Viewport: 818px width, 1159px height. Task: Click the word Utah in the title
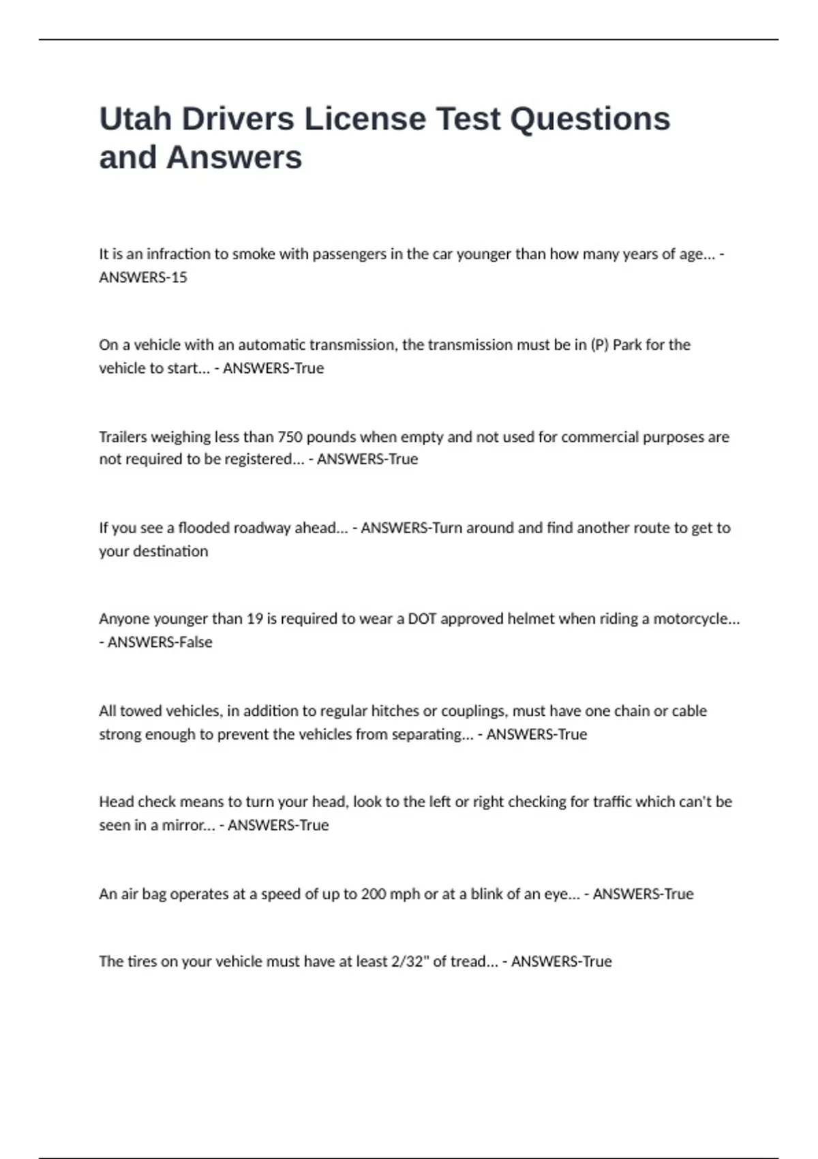135,119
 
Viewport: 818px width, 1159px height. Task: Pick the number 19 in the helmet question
254,619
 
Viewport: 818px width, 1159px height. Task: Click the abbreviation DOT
422,619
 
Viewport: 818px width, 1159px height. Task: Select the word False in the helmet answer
196,642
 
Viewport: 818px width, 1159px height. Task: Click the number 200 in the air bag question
374,894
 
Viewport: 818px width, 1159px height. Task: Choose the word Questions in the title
590,119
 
